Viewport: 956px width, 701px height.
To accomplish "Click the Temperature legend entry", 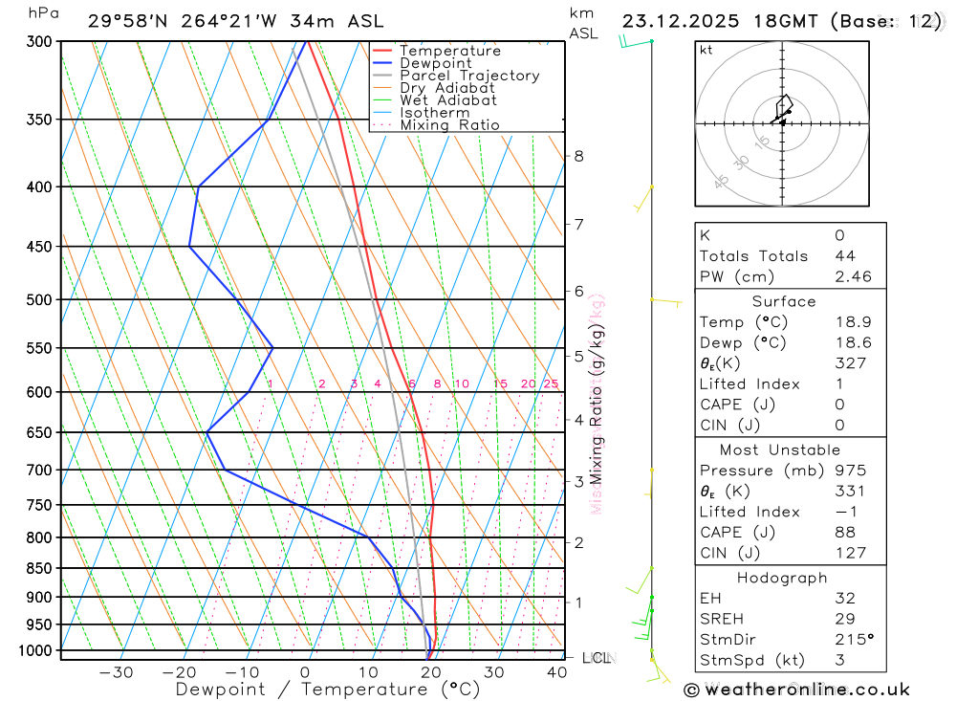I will (x=449, y=51).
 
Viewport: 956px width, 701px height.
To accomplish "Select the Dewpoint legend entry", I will (x=435, y=63).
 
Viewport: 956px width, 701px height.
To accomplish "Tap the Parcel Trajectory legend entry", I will (x=469, y=76).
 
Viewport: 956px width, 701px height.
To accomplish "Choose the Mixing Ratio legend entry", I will (x=449, y=124).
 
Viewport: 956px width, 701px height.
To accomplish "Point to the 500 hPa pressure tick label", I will (x=40, y=299).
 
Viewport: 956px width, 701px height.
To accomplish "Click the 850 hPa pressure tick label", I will (x=40, y=568).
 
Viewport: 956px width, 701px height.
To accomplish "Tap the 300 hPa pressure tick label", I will (x=40, y=42).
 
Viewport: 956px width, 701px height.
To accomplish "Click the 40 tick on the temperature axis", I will (x=557, y=672).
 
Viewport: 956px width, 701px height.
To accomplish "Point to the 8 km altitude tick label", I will (x=579, y=156).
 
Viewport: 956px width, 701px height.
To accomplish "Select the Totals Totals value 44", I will (x=844, y=255).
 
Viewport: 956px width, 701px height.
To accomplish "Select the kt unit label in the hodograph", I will (x=706, y=50).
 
